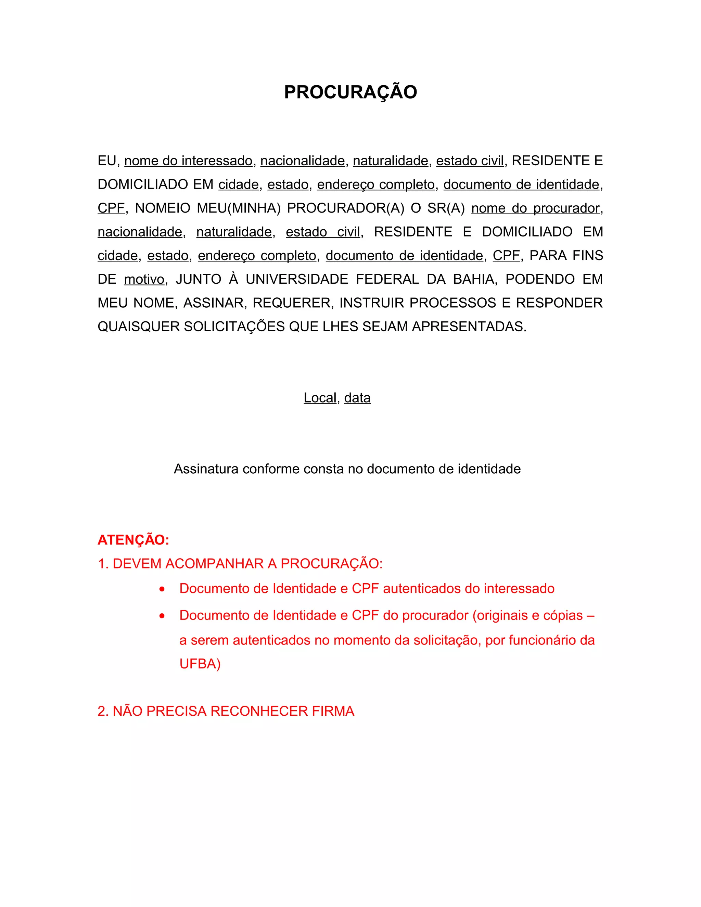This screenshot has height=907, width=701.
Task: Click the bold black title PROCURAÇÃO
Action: point(350,92)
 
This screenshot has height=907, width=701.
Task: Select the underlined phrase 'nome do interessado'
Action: point(188,161)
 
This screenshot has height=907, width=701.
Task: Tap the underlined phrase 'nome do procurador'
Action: point(535,208)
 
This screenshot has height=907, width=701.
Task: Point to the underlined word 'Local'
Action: point(320,398)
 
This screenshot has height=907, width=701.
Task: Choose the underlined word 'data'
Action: point(357,398)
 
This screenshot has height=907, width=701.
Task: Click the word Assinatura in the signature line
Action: point(206,469)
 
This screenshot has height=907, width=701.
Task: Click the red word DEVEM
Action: point(137,564)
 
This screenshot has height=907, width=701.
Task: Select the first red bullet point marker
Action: point(162,589)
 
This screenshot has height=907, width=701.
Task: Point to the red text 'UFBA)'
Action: point(200,664)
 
